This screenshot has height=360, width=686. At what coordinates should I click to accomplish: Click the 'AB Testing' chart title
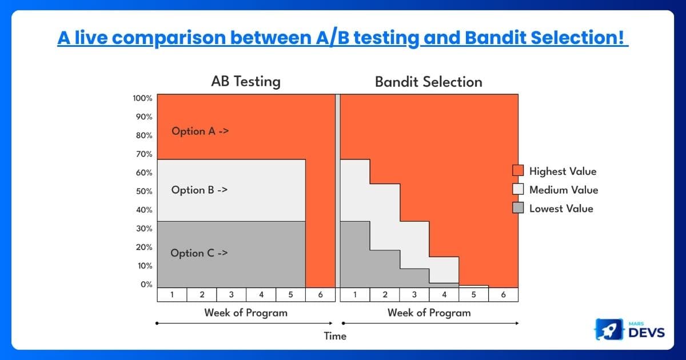point(246,81)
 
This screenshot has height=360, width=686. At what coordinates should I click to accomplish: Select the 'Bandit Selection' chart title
point(428,82)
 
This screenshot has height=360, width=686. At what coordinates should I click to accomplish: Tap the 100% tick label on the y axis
point(142,98)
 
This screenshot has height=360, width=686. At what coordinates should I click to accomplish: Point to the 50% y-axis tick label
point(144,191)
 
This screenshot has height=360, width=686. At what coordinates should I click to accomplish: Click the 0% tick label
point(146,285)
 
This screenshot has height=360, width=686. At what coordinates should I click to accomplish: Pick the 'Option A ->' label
point(200,131)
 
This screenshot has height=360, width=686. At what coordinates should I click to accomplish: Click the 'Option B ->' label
point(200,190)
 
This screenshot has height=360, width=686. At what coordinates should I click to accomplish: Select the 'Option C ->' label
point(199,253)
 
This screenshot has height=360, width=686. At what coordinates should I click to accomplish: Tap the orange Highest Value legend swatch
point(518,170)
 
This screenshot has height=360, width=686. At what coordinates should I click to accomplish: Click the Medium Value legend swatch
point(518,189)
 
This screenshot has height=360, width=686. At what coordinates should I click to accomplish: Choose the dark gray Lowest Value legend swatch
point(518,208)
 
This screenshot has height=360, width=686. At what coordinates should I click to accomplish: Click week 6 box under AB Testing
point(320,294)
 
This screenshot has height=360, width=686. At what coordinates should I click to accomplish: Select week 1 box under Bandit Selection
point(355,294)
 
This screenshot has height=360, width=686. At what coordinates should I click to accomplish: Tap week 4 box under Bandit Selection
point(444,294)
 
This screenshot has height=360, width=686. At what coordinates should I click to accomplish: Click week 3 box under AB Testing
point(231,294)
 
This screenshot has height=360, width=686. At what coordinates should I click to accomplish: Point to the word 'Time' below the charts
point(335,336)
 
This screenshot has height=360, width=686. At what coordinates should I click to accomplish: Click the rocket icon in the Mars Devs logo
point(609,329)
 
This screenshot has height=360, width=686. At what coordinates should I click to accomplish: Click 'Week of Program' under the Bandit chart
point(429,313)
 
